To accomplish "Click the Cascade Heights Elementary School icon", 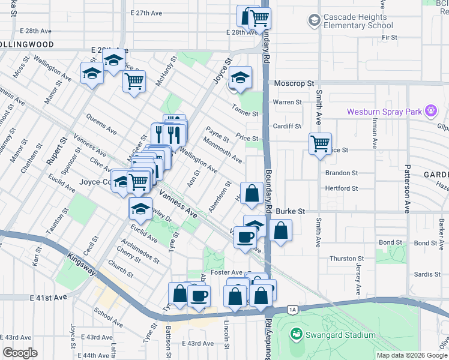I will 314,22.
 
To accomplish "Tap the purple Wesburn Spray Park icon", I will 430,111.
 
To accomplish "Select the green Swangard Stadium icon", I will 295,334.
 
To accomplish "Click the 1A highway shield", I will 292,310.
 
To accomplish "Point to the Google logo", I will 20,353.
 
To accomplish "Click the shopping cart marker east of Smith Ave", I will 320,144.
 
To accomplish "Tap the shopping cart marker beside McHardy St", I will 134,80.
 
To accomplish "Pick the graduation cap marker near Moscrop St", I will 240,77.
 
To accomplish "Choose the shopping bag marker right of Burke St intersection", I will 280,230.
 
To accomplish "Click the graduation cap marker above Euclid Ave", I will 140,209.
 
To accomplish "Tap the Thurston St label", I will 343,259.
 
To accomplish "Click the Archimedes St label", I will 139,251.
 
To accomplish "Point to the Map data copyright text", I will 412,355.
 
